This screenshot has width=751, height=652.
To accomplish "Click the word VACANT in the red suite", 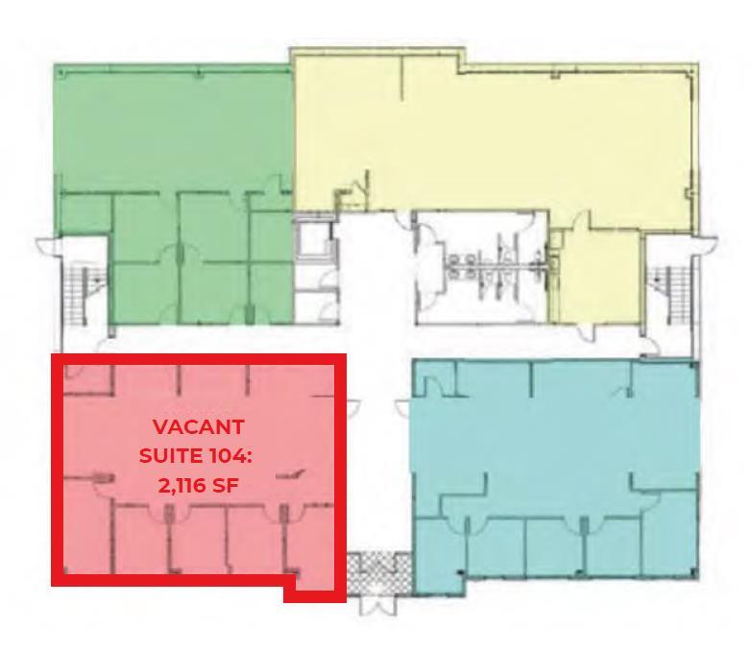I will coord(199,425).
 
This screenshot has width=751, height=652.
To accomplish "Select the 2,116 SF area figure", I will coord(199,485).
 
